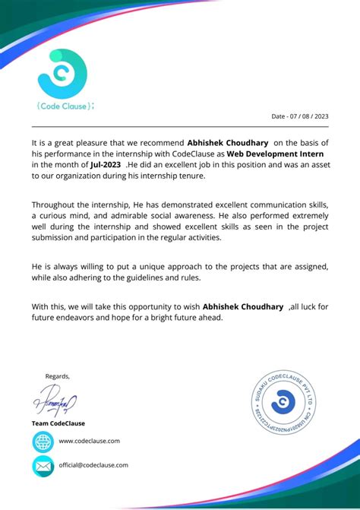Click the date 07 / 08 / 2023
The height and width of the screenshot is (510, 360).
(300, 116)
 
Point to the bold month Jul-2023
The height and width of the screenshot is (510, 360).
(106, 164)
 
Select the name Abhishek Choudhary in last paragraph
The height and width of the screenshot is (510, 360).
(243, 306)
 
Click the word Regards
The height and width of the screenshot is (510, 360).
(58, 375)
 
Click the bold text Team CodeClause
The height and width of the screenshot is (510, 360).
(58, 423)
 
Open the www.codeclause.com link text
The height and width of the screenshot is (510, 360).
(89, 441)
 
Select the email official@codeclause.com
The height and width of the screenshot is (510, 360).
(93, 465)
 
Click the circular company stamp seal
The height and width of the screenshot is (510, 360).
(282, 402)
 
